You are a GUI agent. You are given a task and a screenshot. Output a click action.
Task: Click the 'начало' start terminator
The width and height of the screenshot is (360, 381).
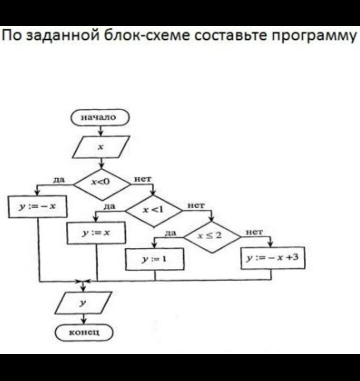(x=100, y=117)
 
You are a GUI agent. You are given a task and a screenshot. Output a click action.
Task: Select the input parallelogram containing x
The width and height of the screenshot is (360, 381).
(x=100, y=147)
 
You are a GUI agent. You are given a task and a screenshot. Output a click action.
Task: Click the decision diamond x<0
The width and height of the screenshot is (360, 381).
(x=101, y=183)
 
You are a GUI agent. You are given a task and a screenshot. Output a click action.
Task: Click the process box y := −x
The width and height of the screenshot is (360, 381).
(x=38, y=206)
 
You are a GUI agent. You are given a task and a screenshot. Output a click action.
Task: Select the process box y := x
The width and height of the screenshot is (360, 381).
(x=96, y=232)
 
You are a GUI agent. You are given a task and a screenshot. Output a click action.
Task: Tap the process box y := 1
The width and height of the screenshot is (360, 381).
(x=154, y=259)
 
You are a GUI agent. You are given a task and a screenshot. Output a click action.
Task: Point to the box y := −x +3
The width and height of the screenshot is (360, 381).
(x=272, y=258)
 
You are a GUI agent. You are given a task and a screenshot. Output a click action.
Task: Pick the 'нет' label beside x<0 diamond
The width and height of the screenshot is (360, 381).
(x=141, y=178)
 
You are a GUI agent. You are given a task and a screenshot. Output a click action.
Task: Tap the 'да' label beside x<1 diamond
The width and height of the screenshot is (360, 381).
(x=110, y=205)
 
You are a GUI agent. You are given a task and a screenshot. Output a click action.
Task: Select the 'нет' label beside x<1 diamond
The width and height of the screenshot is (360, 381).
(x=196, y=205)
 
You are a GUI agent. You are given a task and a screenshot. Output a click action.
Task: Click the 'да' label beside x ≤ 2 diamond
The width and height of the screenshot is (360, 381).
(x=170, y=232)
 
